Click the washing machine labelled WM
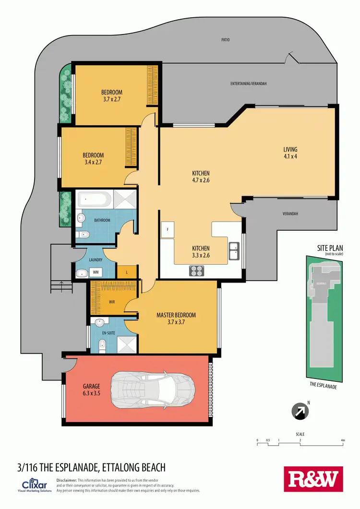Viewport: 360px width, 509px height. (96, 272)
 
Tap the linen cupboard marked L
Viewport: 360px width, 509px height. (127, 272)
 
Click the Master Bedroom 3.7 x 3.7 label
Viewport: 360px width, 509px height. (176, 319)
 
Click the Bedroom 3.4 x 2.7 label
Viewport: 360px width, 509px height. (93, 159)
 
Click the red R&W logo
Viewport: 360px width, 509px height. (313, 478)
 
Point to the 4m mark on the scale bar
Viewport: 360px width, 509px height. (343, 440)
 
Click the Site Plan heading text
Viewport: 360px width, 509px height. (330, 248)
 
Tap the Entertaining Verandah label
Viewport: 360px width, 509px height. (248, 84)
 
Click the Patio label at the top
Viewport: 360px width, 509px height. (226, 40)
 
